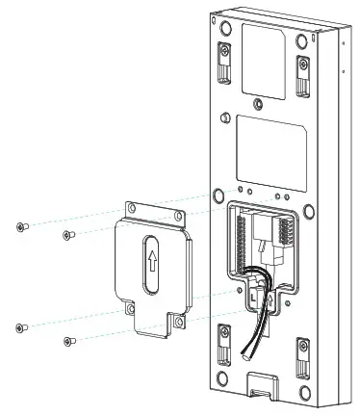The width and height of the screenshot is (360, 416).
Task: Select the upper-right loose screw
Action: tap(66, 234)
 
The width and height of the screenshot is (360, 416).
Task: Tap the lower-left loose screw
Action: tap(20, 327)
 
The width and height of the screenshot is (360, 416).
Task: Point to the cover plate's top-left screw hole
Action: tap(131, 209)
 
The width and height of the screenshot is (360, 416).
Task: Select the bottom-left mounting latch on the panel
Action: tap(226, 343)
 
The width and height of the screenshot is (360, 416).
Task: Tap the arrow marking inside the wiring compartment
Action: tap(270, 299)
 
